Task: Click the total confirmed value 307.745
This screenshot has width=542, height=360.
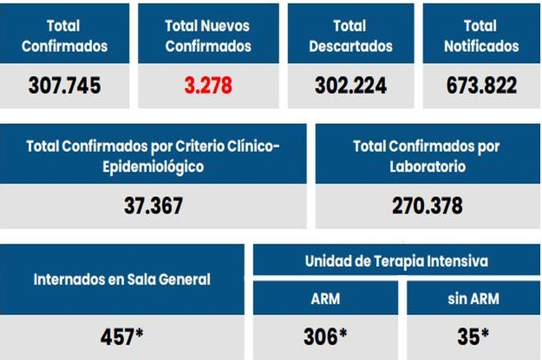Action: click(x=64, y=86)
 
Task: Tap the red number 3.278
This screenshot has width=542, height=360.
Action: click(x=208, y=86)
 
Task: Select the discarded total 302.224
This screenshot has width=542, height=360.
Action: click(x=351, y=86)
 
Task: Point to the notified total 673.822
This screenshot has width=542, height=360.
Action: click(x=482, y=86)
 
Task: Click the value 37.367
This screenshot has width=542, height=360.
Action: click(x=153, y=206)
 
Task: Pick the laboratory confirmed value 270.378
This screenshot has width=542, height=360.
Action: click(x=427, y=206)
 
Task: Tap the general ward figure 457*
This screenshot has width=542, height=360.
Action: click(x=121, y=337)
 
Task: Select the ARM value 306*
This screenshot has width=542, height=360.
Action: click(x=325, y=337)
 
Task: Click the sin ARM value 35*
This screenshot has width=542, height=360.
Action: click(x=473, y=337)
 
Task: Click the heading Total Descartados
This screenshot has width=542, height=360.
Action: click(x=351, y=36)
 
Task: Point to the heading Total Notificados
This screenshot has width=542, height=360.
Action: click(x=482, y=36)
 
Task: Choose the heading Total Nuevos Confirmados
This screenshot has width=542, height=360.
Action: click(x=208, y=36)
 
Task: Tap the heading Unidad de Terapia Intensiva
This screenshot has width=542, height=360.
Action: click(x=396, y=262)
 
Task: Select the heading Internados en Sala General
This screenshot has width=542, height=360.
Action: click(x=122, y=279)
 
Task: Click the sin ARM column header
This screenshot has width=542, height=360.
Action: click(x=473, y=298)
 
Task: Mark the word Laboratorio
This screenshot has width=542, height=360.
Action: click(x=427, y=167)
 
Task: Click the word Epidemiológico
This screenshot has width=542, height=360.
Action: click(x=153, y=167)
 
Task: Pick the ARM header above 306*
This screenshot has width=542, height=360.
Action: click(x=325, y=298)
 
